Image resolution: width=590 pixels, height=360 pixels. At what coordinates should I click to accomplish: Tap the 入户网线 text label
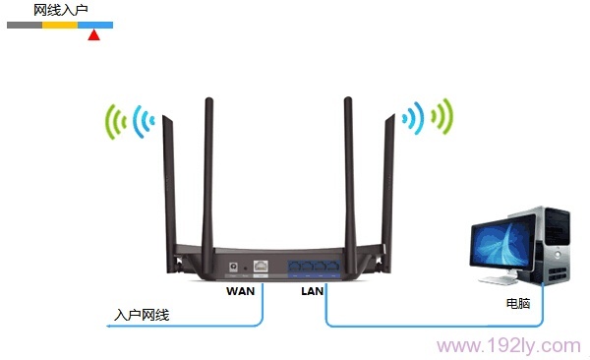coord(142,315)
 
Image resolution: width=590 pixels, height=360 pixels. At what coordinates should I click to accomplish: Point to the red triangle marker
coord(93,36)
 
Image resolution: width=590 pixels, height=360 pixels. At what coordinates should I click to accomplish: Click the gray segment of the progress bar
coord(25,24)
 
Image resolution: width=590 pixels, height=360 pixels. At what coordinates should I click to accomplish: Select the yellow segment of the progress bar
coord(60,24)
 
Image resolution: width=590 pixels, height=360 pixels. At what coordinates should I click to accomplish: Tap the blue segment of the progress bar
coord(95,24)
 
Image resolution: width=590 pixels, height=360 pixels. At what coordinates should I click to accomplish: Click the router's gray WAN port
coord(262,266)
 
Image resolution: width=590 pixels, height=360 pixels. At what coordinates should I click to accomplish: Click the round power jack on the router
coord(233,266)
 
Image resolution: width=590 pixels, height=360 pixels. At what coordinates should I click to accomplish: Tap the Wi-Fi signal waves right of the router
coord(427,119)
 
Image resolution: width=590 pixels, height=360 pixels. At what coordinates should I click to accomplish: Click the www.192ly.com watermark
coord(508,345)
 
